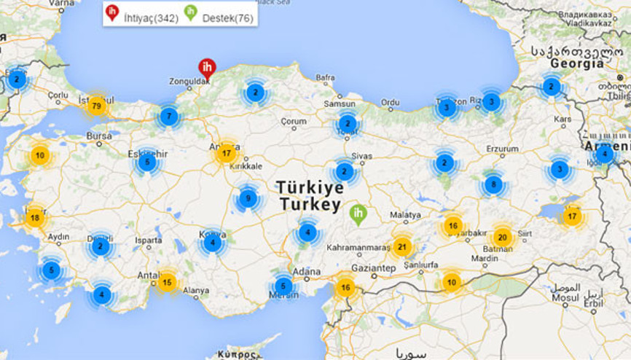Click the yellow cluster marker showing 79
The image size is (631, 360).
pyautogui.click(x=96, y=106)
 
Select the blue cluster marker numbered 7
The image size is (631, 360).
pyautogui.click(x=169, y=116)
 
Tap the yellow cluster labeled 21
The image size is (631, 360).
pyautogui.click(x=401, y=247)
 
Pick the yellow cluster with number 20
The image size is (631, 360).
pyautogui.click(x=501, y=237)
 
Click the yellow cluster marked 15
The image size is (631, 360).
pyautogui.click(x=167, y=282)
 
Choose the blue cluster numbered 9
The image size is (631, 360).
pyautogui.click(x=248, y=197)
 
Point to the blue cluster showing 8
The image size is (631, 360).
pyautogui.click(x=493, y=184)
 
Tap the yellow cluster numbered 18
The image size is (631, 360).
pyautogui.click(x=35, y=217)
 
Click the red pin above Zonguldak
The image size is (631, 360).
pyautogui.click(x=207, y=68)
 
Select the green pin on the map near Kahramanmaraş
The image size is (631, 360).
pyautogui.click(x=357, y=214)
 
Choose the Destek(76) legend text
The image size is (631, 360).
pyautogui.click(x=229, y=17)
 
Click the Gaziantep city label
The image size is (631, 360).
pyautogui.click(x=373, y=268)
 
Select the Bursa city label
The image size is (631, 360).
pyautogui.click(x=99, y=136)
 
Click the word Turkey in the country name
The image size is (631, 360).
pyautogui.click(x=309, y=205)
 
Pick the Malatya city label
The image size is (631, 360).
pyautogui.click(x=406, y=215)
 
